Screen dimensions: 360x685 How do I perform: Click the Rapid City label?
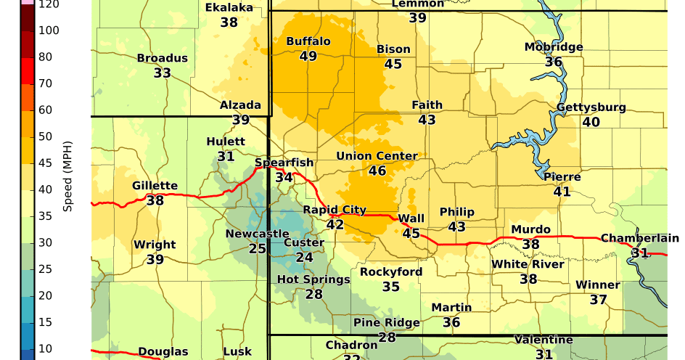click(335, 210)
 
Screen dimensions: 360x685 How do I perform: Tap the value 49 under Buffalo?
click(308, 56)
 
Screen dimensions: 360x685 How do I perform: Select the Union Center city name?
click(377, 156)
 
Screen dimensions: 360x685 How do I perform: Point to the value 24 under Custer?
click(304, 257)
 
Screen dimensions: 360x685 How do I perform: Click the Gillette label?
click(155, 186)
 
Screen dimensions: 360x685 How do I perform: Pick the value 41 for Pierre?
click(562, 192)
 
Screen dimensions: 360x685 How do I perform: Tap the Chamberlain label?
click(639, 238)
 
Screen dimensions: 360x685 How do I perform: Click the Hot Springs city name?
click(313, 279)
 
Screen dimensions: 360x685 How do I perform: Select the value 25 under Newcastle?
click(257, 248)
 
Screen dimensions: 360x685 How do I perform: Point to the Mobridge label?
click(554, 47)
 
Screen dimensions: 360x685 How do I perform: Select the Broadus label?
click(163, 58)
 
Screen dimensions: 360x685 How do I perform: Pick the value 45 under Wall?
click(411, 233)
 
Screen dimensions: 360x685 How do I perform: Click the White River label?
click(528, 264)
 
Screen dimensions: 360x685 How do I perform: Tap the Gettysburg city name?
click(591, 107)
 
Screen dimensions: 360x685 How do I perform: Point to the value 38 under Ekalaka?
click(229, 22)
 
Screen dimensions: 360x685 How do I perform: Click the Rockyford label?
click(391, 272)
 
